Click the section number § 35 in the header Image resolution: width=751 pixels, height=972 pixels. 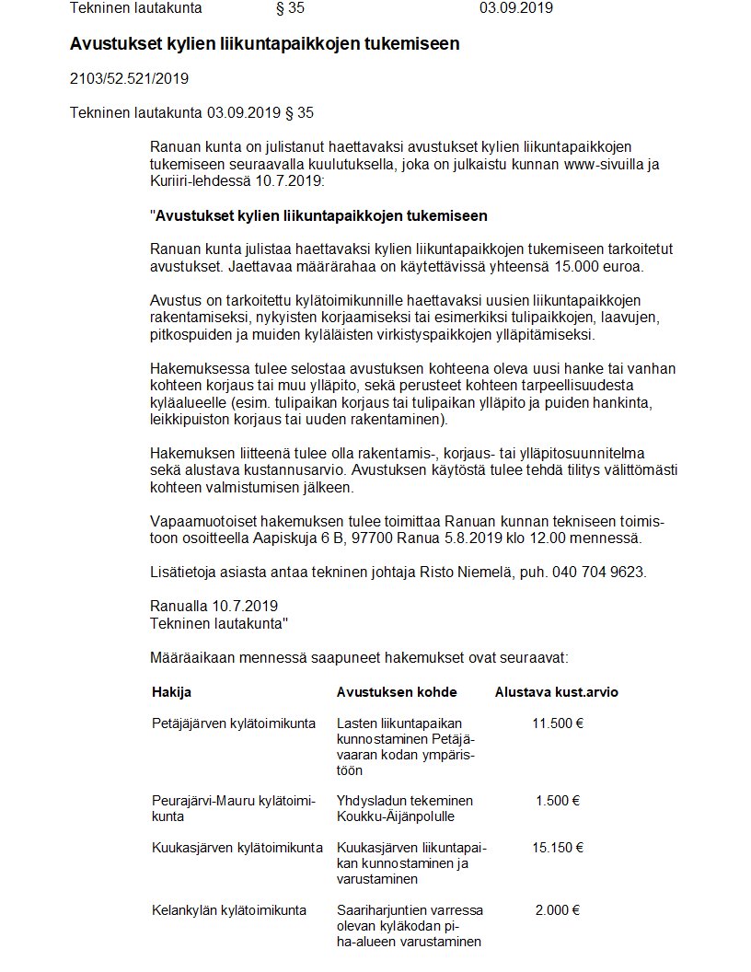click(290, 8)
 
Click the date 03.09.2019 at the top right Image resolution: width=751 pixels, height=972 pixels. click(515, 8)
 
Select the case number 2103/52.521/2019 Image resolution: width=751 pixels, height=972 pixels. click(129, 79)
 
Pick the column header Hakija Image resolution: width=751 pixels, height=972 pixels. click(171, 692)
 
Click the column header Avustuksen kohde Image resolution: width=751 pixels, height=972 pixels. click(397, 692)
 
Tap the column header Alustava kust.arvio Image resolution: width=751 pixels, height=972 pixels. click(556, 692)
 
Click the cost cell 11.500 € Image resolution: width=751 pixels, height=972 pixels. click(557, 723)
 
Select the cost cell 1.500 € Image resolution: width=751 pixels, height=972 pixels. click(557, 800)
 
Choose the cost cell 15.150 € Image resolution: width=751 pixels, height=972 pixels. click(557, 847)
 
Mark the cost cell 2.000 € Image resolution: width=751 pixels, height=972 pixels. click(557, 910)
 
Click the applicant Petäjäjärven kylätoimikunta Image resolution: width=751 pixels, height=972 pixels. click(234, 723)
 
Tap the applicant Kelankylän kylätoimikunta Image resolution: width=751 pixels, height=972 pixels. click(229, 910)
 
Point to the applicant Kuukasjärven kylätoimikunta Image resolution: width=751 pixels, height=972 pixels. click(237, 847)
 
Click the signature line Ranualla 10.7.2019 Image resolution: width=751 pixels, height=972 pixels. click(214, 607)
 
